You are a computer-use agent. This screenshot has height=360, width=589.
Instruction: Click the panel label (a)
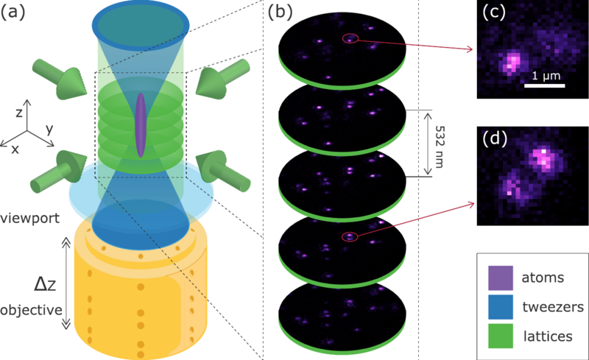tap(18, 13)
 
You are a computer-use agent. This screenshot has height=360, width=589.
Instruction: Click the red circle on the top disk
tap(350, 39)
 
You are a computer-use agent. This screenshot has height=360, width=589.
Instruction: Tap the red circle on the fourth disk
tap(350, 236)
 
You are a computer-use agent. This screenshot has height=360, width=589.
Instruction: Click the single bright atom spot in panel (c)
tap(509, 62)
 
